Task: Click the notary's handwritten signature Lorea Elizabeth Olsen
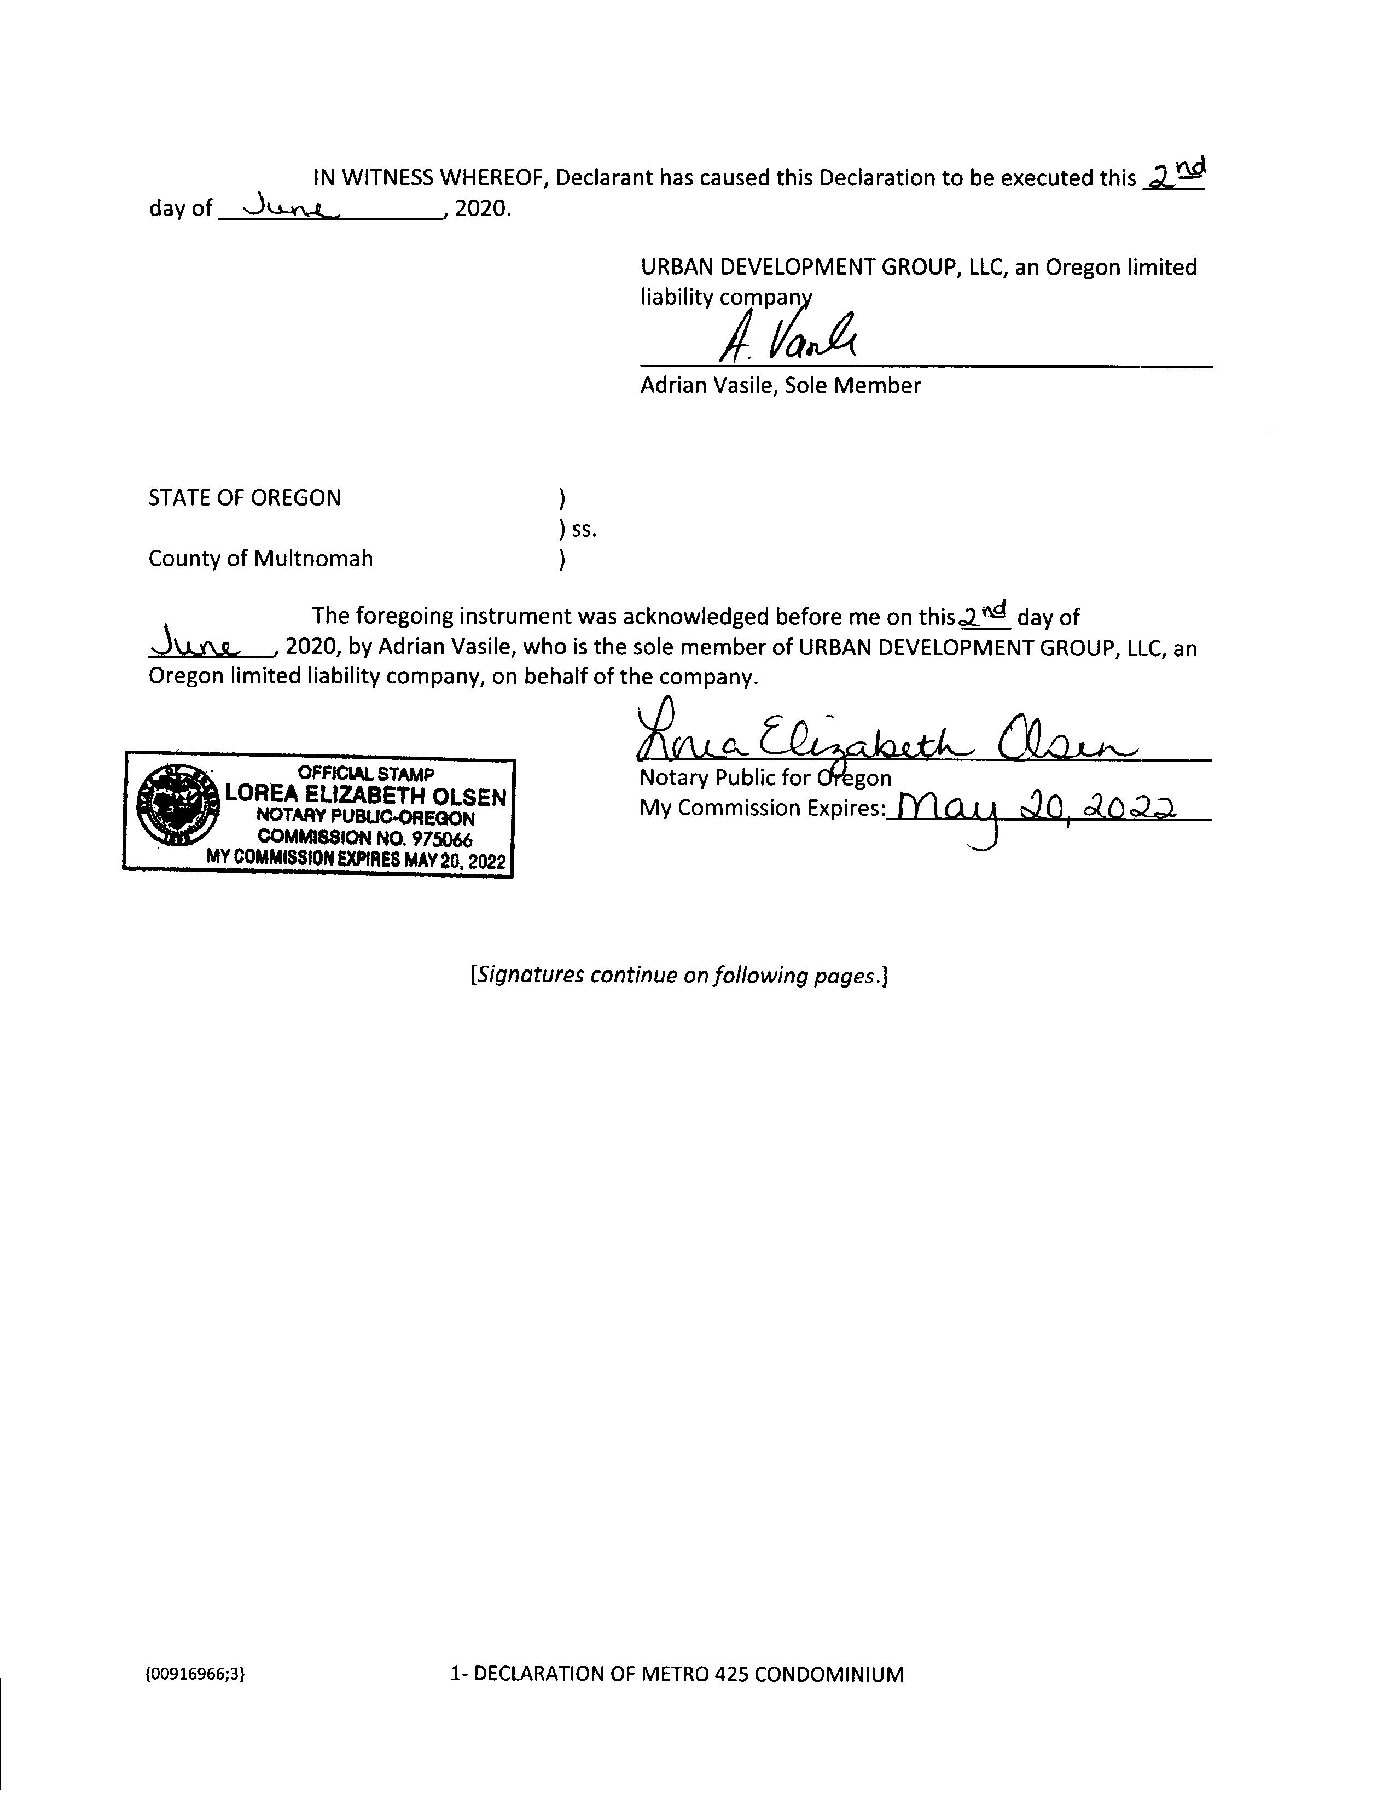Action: (x=883, y=735)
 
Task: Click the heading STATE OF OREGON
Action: (x=244, y=498)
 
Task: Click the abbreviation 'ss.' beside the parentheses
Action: (x=584, y=530)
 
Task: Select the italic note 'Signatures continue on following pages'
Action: (x=678, y=975)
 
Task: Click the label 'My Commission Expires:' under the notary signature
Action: (x=762, y=808)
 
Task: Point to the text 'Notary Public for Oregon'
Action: (x=765, y=778)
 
